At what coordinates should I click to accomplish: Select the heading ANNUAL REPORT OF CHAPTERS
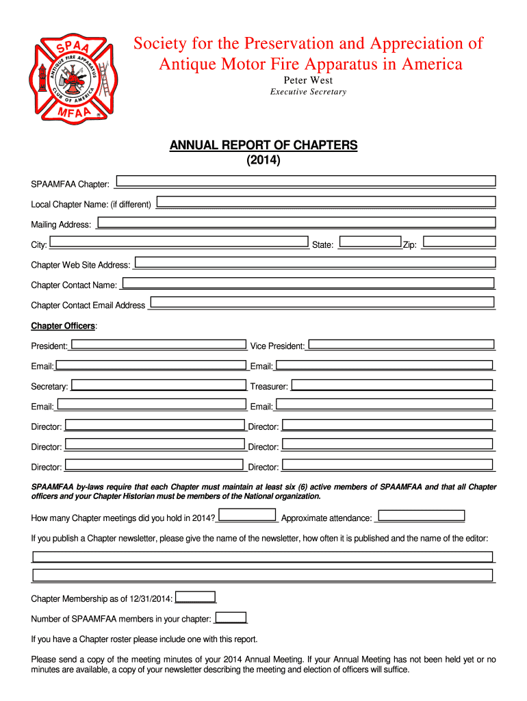tap(263, 145)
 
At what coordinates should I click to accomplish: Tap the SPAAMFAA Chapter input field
tap(307, 181)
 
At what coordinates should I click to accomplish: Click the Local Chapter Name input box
tap(326, 202)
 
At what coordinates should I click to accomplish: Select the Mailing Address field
tap(296, 222)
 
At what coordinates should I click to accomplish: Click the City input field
tap(179, 242)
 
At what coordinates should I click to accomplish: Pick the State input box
tap(370, 242)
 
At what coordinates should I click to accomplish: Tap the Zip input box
tap(459, 242)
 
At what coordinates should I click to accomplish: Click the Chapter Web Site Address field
tap(314, 262)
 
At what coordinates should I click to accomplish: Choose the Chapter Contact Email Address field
tap(322, 303)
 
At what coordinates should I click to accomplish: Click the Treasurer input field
tap(392, 385)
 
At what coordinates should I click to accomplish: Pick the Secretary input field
tap(158, 385)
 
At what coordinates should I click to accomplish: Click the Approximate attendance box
tap(422, 515)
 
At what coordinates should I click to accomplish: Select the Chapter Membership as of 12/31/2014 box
tap(195, 597)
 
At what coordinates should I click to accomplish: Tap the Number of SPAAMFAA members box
tap(231, 617)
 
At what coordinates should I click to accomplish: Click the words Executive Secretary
tap(308, 92)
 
